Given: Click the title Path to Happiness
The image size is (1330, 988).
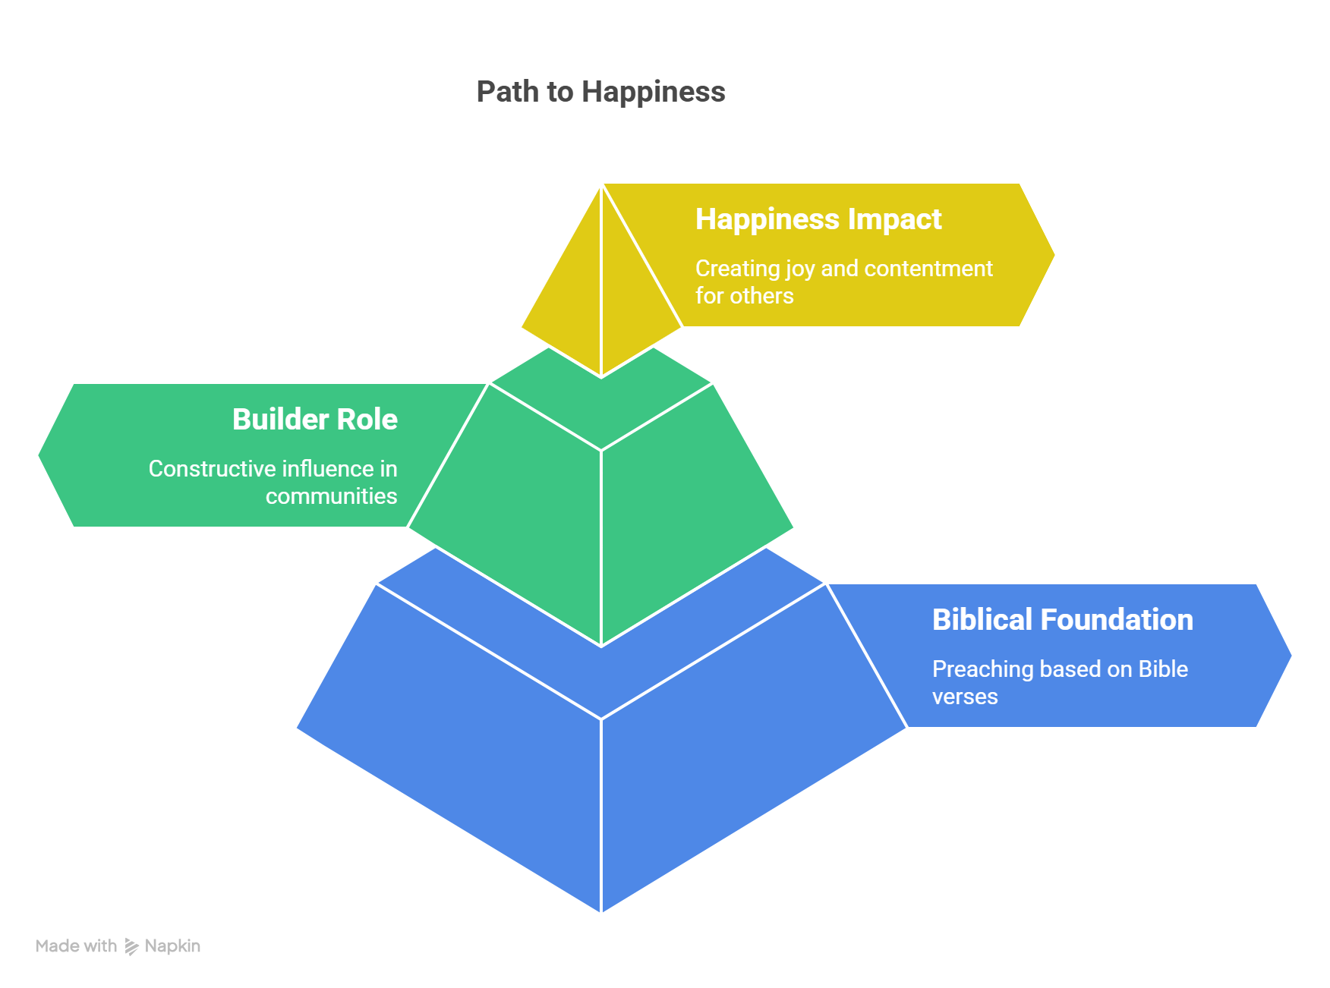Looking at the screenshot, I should [600, 92].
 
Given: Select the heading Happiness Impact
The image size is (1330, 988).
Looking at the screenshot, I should [818, 219].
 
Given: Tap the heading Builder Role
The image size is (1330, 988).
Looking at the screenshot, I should [314, 420].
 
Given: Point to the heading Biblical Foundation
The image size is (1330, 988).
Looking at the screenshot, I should [1062, 620].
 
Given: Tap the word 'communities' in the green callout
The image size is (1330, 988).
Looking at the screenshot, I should [331, 496].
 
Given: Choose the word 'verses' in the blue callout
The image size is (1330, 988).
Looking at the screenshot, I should [964, 697].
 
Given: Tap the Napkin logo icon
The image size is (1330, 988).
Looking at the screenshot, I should [131, 946].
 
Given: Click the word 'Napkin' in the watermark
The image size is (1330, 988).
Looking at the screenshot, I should [172, 946].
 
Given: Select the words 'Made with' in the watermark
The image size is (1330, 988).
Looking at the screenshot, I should [76, 946].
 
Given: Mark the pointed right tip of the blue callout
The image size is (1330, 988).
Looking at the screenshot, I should [1292, 656].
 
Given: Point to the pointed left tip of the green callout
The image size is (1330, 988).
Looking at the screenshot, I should [38, 455].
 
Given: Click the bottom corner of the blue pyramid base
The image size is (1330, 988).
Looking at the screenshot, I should [600, 913].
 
